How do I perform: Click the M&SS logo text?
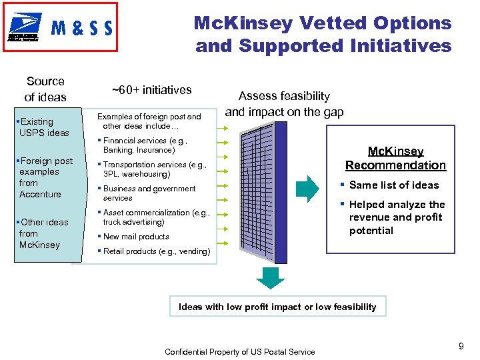point(81,28)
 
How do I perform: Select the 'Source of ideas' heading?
point(45,89)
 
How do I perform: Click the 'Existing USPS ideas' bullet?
point(44,127)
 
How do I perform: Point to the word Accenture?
point(40,194)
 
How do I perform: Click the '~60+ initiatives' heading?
point(151,90)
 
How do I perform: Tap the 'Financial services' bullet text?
point(145,145)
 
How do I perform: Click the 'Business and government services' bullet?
point(149,193)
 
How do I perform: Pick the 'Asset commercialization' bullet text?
point(157,217)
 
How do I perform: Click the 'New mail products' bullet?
point(136,237)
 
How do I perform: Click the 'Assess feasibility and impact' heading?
point(284,104)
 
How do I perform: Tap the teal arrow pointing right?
point(308,189)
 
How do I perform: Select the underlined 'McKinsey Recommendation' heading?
point(395,159)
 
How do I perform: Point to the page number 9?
point(461,346)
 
